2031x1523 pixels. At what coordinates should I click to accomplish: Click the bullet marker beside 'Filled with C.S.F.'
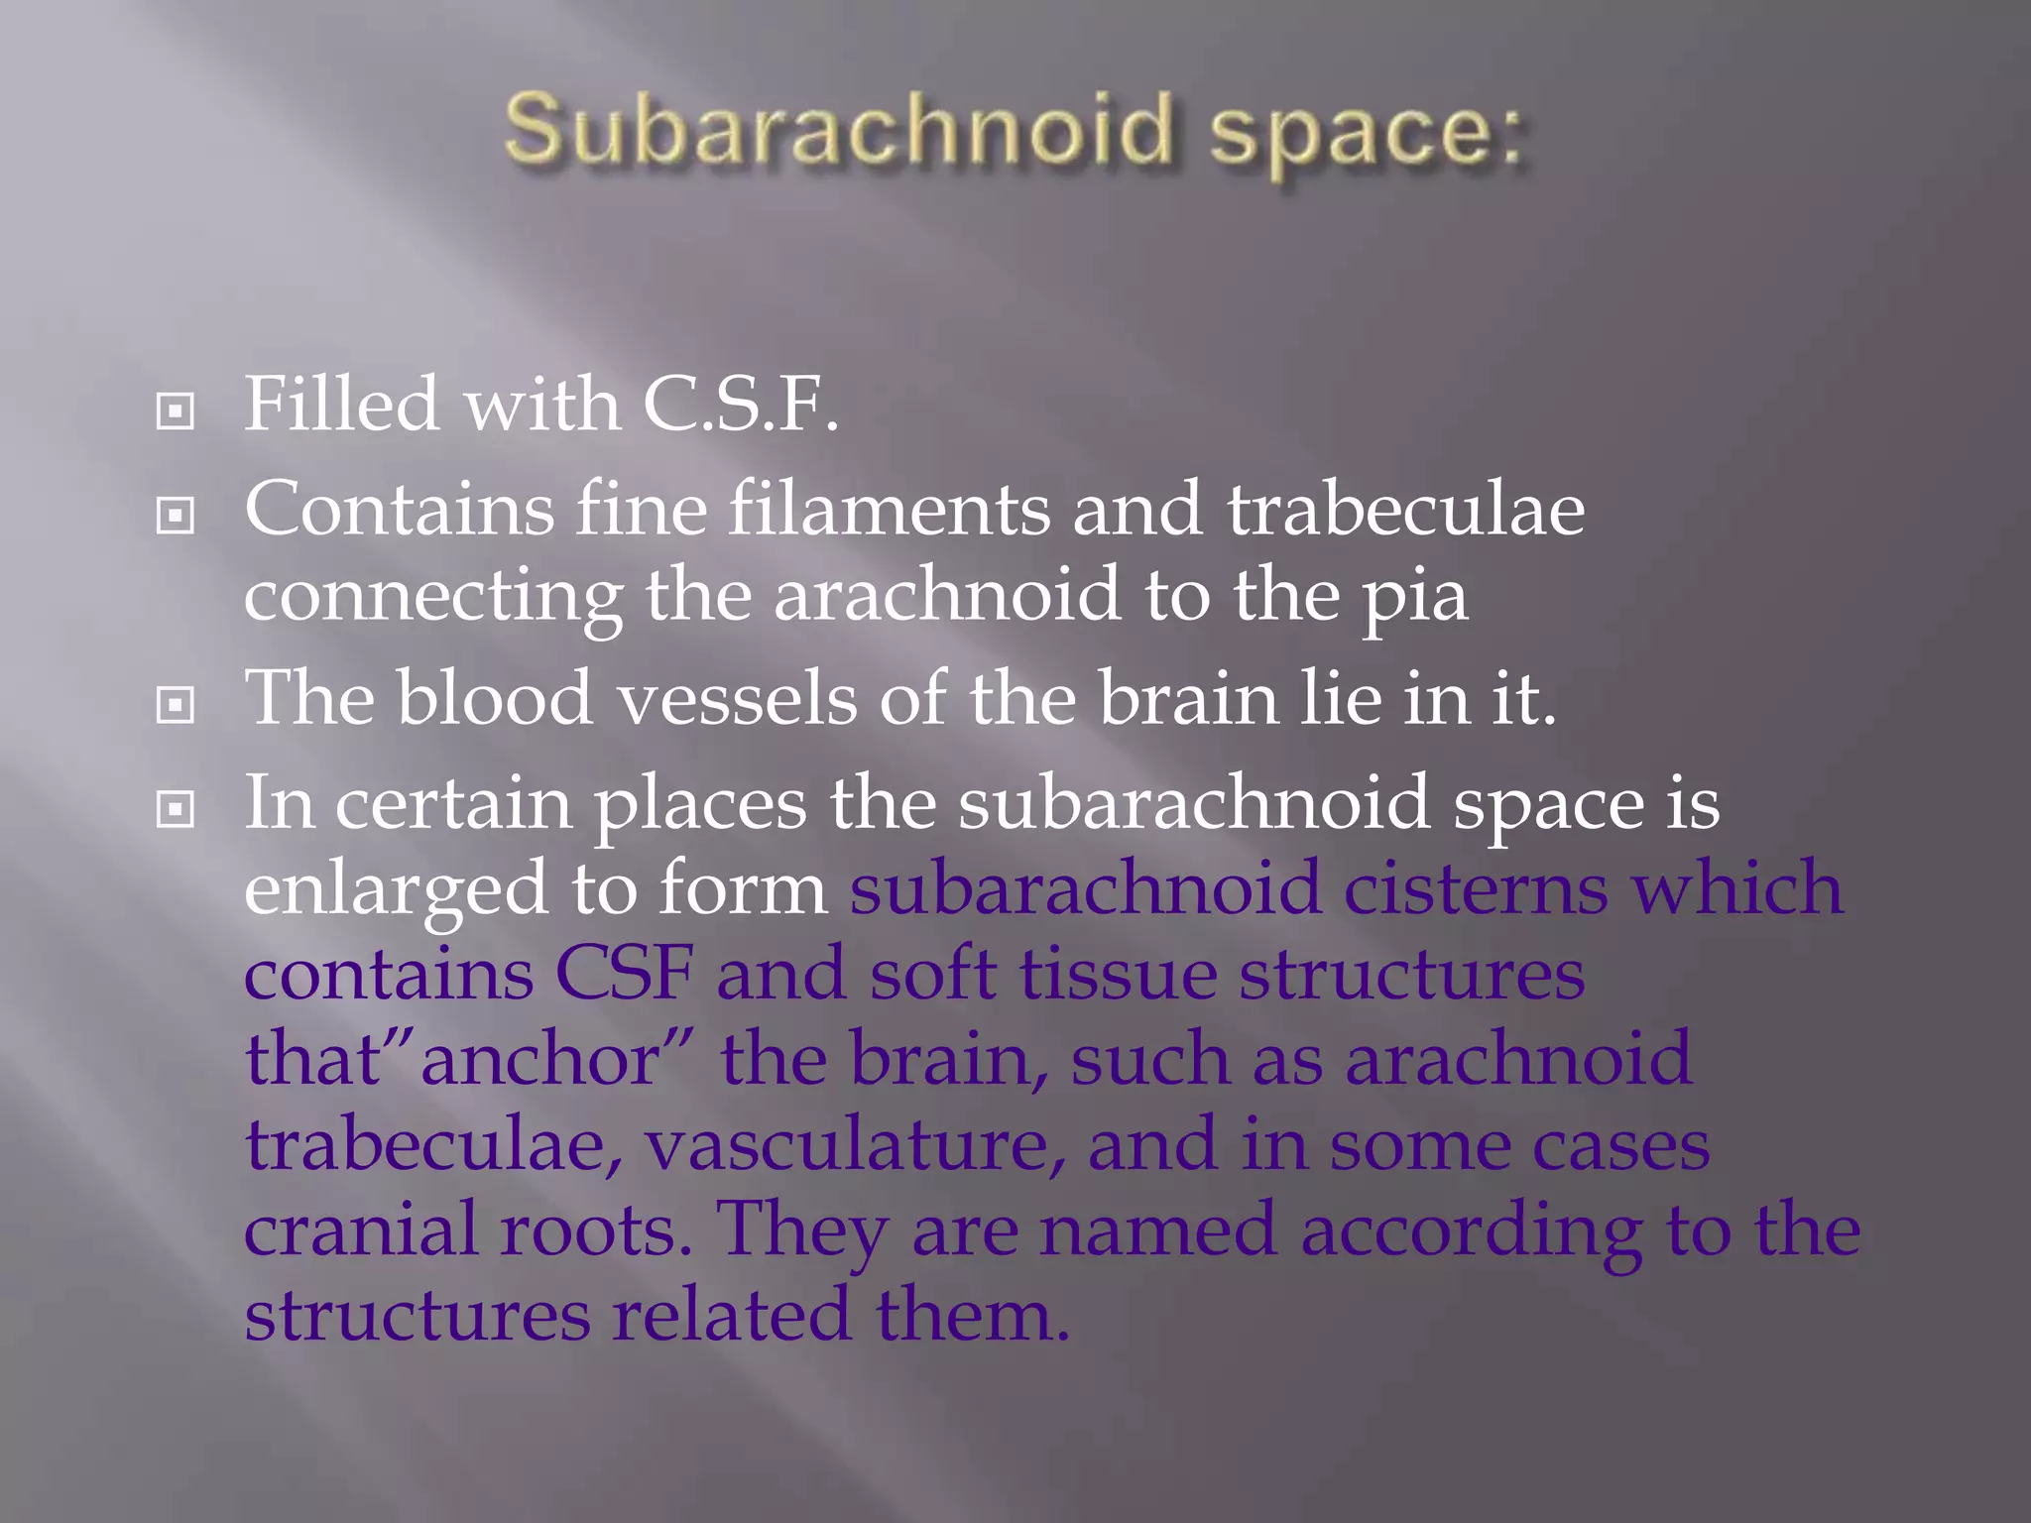(176, 410)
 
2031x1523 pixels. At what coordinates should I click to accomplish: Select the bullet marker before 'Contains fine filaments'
(176, 515)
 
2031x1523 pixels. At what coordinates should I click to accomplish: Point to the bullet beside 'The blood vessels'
(176, 705)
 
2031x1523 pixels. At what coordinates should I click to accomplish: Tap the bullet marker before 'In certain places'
(176, 809)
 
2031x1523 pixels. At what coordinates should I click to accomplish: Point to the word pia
(1414, 600)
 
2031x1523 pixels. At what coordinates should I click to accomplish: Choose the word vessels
(737, 699)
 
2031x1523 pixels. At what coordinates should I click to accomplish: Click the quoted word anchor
(540, 1059)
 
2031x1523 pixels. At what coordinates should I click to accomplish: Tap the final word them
(972, 1316)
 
